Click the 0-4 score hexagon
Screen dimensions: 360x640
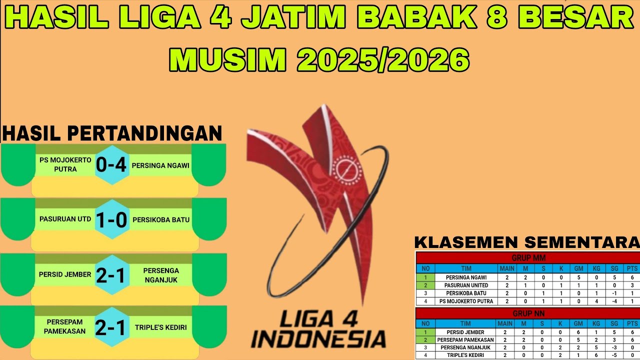point(112,165)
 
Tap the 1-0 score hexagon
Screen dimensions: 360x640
point(112,220)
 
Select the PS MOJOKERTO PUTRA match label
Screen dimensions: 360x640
point(65,165)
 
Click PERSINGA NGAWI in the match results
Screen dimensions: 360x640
point(160,165)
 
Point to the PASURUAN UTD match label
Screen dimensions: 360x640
point(65,219)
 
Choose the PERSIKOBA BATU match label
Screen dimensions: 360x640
point(160,219)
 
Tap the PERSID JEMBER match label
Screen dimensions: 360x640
point(65,274)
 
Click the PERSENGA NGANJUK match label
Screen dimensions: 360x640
point(160,274)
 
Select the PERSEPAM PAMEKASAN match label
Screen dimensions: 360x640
point(65,326)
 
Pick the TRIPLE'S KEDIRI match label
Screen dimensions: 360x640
point(160,327)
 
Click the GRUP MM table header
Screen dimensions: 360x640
point(528,258)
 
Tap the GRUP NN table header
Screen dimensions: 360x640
point(528,313)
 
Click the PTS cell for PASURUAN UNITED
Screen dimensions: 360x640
point(632,285)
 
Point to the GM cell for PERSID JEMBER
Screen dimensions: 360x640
point(577,332)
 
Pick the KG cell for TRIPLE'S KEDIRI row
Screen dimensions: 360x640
point(596,355)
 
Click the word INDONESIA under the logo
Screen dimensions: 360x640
point(318,338)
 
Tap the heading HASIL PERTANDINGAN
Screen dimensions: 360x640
point(112,133)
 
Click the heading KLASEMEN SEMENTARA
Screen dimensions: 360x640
point(527,243)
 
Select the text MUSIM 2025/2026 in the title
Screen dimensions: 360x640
point(319,60)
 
